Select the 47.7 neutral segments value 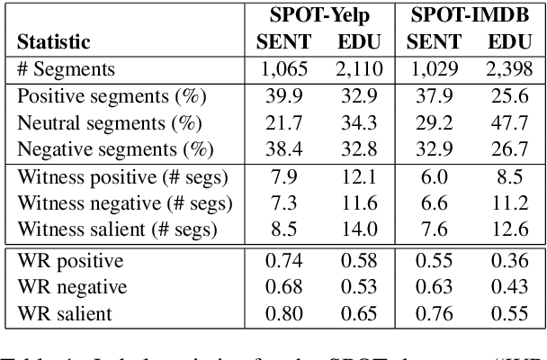coord(508,120)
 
